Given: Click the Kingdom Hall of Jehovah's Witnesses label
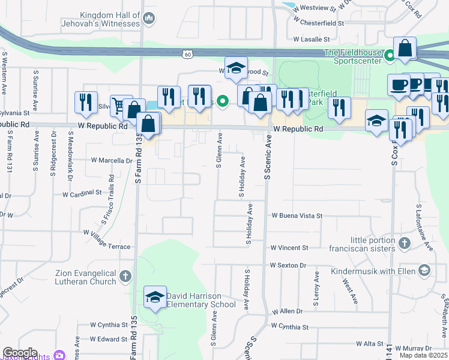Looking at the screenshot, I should tap(101, 20).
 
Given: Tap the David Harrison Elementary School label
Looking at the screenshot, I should tap(198, 300).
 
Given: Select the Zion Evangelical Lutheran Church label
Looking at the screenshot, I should tap(86, 277).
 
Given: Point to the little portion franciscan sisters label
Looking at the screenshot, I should tap(362, 244).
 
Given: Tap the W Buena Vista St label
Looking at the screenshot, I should tap(297, 215).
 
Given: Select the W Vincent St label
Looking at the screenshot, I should tap(289, 247).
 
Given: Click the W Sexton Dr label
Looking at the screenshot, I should tap(288, 265).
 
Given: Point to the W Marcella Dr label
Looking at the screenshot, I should tap(112, 161).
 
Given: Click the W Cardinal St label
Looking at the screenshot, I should tap(82, 194).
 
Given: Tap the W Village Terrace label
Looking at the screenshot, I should tap(107, 239).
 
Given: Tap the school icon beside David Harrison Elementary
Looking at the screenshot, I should tap(155, 298).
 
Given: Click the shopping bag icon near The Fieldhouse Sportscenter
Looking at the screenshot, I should tap(405, 48).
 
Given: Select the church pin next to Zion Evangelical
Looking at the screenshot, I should tap(125, 277).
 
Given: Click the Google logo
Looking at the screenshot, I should tap(19, 353).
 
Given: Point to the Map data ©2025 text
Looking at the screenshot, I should tap(423, 355).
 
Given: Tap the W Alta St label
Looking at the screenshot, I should tap(369, 344).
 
